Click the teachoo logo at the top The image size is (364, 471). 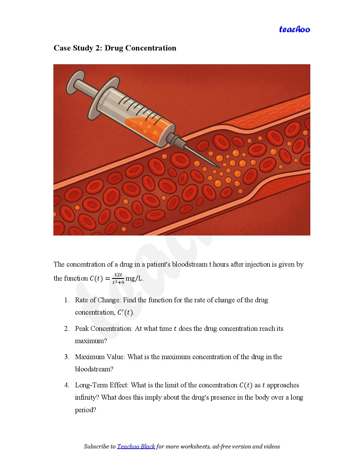(x=294, y=29)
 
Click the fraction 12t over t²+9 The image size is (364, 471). (x=118, y=279)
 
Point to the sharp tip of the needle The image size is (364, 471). (x=220, y=168)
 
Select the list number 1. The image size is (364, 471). (x=67, y=300)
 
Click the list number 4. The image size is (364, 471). (x=67, y=385)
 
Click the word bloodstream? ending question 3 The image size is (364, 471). (x=94, y=369)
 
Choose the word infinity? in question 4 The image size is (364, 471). (x=87, y=398)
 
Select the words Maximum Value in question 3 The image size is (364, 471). (x=100, y=357)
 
